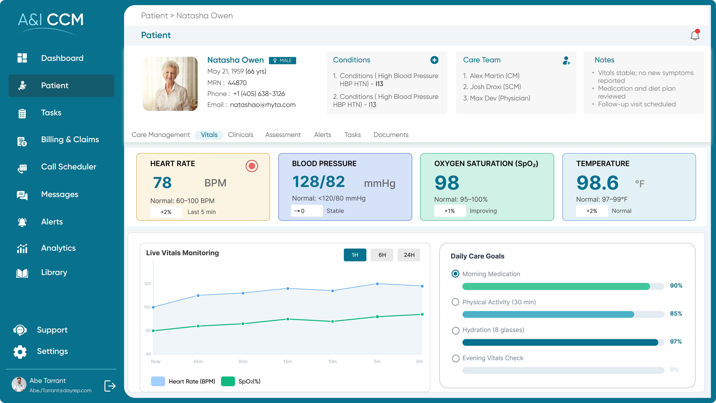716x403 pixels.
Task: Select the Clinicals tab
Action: point(240,135)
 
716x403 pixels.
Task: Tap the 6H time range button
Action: point(382,255)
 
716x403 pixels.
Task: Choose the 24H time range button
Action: point(409,255)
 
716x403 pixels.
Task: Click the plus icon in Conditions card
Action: point(434,60)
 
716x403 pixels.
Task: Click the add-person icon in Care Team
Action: point(566,60)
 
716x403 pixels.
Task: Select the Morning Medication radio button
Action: point(455,274)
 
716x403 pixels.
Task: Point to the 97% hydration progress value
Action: point(676,342)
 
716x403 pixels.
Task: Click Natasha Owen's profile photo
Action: point(170,84)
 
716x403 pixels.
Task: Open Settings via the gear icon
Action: point(20,352)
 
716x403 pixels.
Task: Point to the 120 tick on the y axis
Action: point(147,284)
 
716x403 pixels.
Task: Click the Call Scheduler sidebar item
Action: point(68,167)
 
